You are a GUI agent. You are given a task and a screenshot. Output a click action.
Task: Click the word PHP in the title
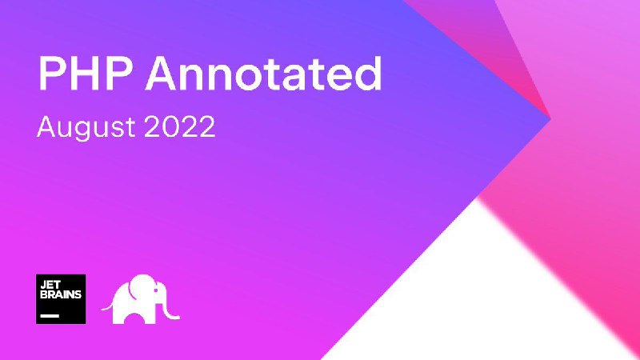(x=85, y=74)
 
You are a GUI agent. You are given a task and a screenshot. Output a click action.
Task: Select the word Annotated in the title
(x=264, y=73)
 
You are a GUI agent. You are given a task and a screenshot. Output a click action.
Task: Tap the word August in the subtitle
(x=86, y=127)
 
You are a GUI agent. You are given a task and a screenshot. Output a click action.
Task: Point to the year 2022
(x=179, y=126)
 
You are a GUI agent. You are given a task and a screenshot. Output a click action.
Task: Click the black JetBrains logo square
(x=61, y=298)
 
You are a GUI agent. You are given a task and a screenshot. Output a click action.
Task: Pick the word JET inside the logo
(x=50, y=286)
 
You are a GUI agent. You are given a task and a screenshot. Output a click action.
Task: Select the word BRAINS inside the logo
(x=61, y=294)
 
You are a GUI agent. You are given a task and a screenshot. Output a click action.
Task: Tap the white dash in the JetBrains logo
(x=50, y=315)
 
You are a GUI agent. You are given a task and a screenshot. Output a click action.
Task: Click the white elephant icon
(x=141, y=298)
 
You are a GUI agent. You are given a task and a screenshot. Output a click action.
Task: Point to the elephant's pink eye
(x=155, y=290)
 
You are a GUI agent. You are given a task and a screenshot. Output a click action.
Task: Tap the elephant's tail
(x=107, y=306)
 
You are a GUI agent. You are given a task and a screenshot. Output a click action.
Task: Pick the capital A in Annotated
(x=162, y=74)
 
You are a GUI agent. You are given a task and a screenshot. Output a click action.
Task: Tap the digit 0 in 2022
(x=170, y=126)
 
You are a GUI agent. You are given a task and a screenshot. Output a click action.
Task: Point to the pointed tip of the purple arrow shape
(x=550, y=119)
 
